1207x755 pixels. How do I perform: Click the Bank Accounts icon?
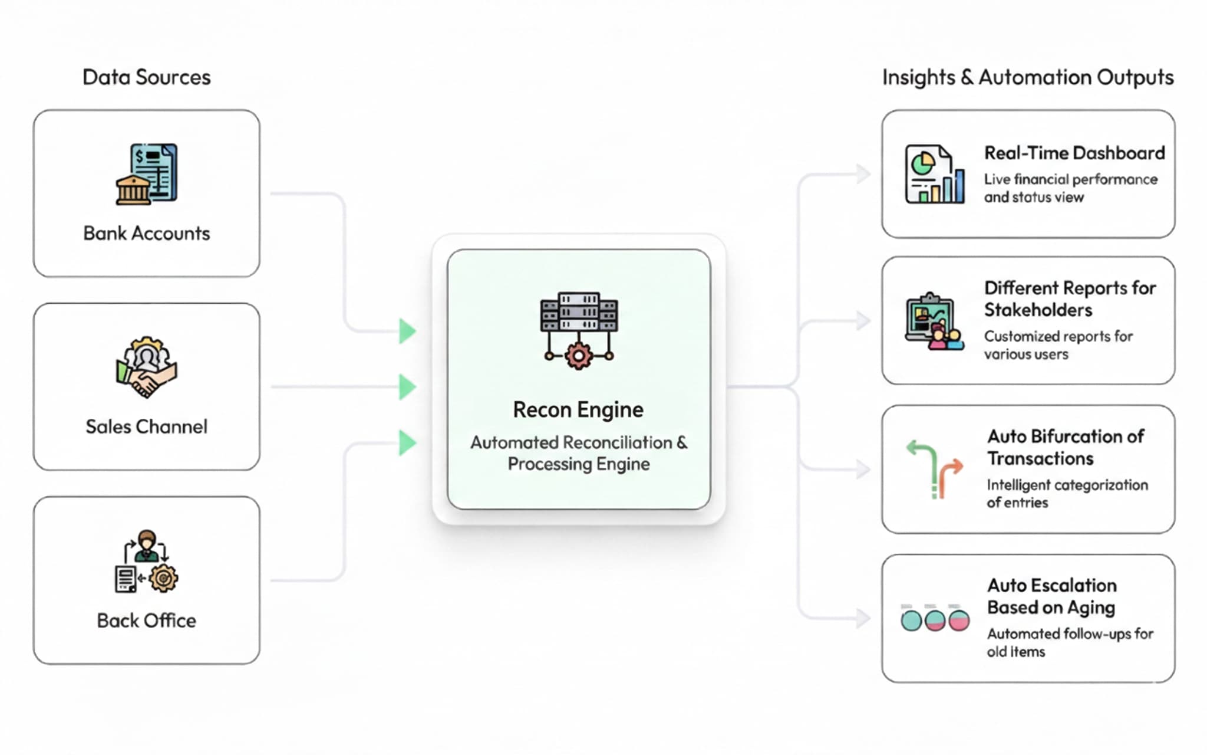(x=147, y=175)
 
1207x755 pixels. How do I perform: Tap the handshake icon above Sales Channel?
(x=147, y=367)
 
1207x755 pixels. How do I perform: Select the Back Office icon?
(x=146, y=561)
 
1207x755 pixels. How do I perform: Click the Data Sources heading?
(x=146, y=77)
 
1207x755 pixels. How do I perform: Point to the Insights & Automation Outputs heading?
(x=1027, y=77)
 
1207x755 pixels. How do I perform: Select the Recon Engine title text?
(x=578, y=409)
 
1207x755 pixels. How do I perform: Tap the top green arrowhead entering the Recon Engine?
(x=407, y=331)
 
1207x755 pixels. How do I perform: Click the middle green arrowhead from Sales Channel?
(x=407, y=387)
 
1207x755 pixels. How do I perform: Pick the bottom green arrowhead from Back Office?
(x=407, y=443)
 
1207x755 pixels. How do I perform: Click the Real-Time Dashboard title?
(x=1074, y=153)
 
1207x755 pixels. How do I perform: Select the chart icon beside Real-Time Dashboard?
(x=935, y=175)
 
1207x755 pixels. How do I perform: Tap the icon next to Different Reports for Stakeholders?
(x=935, y=322)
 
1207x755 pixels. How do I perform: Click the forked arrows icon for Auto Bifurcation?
(x=935, y=470)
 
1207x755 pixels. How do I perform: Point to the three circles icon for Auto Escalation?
(x=935, y=619)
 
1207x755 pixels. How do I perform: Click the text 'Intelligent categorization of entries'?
(x=1067, y=493)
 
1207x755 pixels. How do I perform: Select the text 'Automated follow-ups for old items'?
(x=1070, y=642)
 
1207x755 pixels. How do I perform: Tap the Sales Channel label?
(x=147, y=426)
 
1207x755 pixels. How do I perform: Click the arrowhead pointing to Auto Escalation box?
(x=863, y=618)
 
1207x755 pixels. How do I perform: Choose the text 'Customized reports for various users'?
(x=1058, y=345)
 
